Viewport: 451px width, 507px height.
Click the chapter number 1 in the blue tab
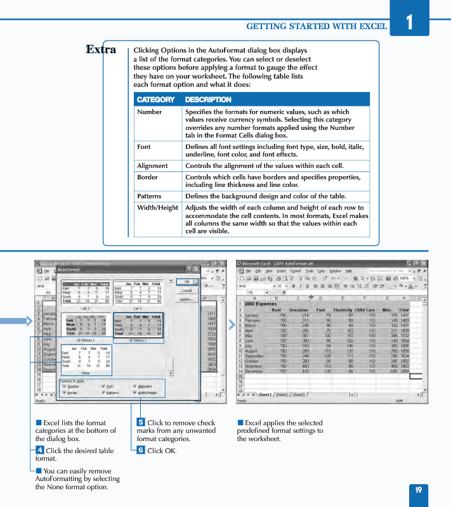click(x=409, y=23)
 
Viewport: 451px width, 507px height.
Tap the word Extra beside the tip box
click(x=101, y=49)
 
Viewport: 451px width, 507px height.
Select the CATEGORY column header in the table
click(x=155, y=99)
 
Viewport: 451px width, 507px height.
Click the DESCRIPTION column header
click(x=208, y=99)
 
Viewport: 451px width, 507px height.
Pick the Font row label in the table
click(x=144, y=146)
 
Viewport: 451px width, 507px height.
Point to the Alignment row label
click(x=152, y=165)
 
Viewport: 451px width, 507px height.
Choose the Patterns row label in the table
click(x=149, y=196)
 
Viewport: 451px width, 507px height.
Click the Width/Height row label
click(x=157, y=208)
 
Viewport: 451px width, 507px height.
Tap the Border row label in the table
click(x=147, y=177)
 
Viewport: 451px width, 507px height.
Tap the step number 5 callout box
click(x=141, y=423)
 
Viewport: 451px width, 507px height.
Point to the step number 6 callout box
click(x=141, y=451)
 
